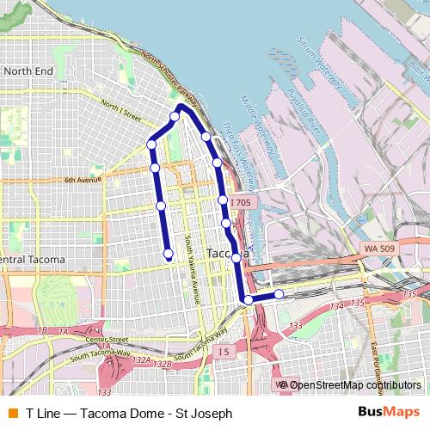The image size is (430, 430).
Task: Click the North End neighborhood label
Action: [28, 71]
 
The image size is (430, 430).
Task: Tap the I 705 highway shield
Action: [240, 202]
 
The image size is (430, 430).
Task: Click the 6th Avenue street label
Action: [83, 180]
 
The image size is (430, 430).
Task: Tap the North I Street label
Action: [120, 108]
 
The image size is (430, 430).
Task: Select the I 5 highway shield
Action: [224, 351]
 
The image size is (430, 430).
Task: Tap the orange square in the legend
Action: [12, 414]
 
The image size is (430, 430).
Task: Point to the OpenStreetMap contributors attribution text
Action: [353, 385]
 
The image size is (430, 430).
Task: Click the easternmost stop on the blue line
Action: [279, 295]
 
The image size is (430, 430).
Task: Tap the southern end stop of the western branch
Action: [169, 253]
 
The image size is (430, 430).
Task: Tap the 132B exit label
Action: [163, 365]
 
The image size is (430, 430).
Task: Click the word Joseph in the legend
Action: [212, 414]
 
